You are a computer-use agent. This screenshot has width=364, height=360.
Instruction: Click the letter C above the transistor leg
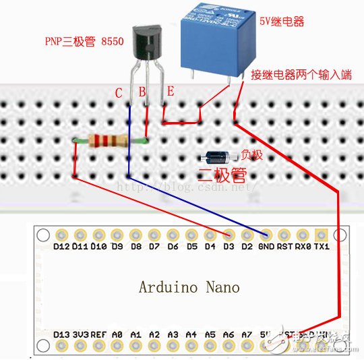coord(119,93)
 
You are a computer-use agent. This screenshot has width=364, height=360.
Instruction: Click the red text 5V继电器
coord(282,22)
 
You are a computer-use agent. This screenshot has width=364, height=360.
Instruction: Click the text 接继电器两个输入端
coord(301,73)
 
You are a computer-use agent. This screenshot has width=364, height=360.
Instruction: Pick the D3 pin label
coord(229,247)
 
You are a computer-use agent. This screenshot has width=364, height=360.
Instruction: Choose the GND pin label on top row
coord(266,247)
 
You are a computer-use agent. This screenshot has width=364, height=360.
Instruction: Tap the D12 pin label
coord(61,247)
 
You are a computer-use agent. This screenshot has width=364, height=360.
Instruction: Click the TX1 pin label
coord(322,247)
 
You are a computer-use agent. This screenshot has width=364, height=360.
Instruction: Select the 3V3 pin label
coord(80,334)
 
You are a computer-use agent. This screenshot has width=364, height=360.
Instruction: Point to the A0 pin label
coord(117,334)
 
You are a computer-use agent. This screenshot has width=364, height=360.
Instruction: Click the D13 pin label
coord(61,334)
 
